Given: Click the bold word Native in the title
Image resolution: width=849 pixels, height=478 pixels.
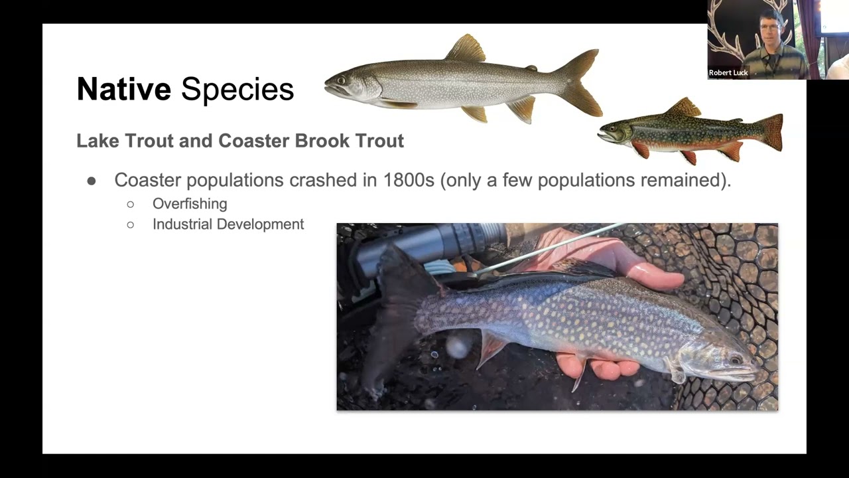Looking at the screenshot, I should pyautogui.click(x=123, y=90).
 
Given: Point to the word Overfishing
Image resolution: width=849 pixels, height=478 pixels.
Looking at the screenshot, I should pyautogui.click(x=190, y=204).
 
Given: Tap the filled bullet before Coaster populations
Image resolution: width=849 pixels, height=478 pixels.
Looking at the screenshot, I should pyautogui.click(x=92, y=181).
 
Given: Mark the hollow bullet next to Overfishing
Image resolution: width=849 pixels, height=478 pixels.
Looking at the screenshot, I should pyautogui.click(x=131, y=204).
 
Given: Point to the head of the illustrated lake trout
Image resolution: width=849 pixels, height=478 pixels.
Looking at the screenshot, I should pyautogui.click(x=345, y=85).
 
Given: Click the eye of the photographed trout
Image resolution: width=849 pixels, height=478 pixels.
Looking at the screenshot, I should pyautogui.click(x=734, y=360).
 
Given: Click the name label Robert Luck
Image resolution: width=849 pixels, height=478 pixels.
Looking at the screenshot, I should pyautogui.click(x=728, y=73).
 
